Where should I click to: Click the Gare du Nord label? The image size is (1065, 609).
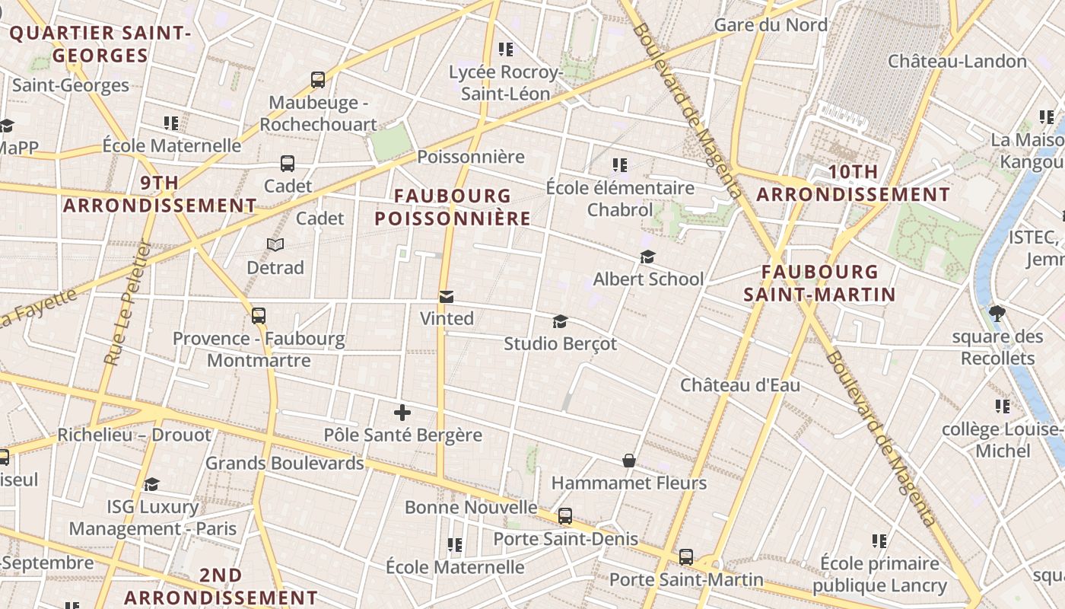(770, 25)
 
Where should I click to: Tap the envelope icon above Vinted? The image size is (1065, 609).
(447, 296)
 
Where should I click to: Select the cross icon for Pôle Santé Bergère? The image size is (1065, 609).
(402, 413)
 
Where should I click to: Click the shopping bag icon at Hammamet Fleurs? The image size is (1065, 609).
(629, 461)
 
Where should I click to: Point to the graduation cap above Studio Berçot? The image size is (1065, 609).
(561, 321)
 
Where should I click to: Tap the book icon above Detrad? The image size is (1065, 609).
(275, 244)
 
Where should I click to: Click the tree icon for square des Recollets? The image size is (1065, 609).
(997, 313)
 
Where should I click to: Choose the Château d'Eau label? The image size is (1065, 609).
(739, 385)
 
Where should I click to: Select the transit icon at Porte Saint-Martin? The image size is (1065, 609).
(686, 557)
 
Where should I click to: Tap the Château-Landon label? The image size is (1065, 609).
(957, 61)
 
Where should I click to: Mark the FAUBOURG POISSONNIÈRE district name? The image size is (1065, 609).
(453, 207)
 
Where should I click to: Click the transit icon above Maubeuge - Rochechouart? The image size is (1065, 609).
(318, 79)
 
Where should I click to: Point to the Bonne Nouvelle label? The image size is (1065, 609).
(471, 508)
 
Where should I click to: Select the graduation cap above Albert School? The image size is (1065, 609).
(647, 257)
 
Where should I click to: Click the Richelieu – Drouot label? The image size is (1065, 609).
(134, 435)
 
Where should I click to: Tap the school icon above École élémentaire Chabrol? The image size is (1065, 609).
(620, 164)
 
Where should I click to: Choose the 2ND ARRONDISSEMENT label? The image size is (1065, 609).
(221, 586)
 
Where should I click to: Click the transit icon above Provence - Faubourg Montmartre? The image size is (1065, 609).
(259, 315)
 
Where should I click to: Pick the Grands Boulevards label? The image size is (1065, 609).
(285, 463)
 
